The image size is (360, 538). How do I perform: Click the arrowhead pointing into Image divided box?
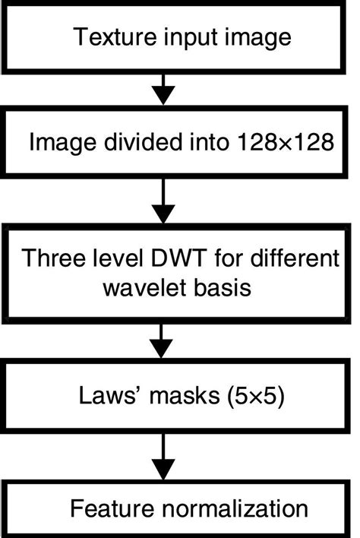point(161,97)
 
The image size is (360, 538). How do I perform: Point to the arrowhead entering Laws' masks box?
point(161,350)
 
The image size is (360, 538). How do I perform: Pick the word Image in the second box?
point(56,143)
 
